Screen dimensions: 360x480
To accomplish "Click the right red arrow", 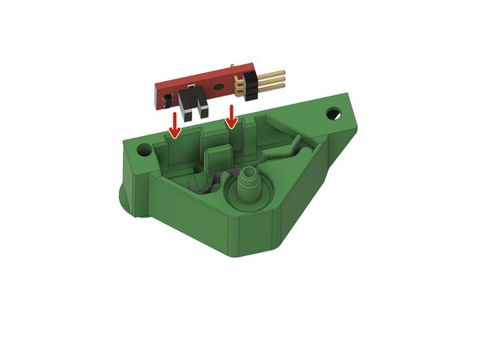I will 232,116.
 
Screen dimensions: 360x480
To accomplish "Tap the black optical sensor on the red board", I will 193,105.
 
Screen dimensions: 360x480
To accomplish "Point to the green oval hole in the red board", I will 217,84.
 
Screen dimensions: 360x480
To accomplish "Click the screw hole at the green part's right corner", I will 334,109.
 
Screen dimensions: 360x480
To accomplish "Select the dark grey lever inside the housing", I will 206,185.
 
